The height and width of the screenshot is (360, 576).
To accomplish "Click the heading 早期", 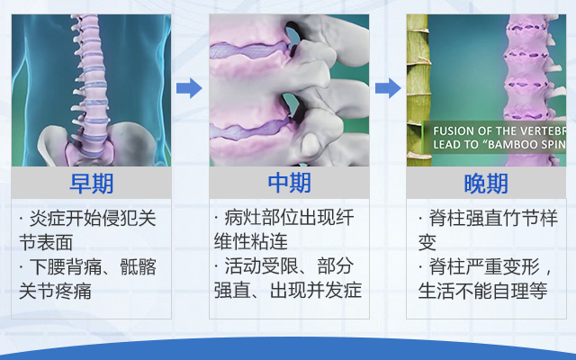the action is [x=92, y=184].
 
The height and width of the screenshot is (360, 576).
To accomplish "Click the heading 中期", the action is [x=289, y=183].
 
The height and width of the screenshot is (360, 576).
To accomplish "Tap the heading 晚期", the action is [x=486, y=184].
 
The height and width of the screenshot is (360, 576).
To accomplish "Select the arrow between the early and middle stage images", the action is [x=189, y=88].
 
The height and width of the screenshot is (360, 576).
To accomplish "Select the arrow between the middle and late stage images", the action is [x=388, y=88].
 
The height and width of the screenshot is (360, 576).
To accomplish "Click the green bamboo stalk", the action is [x=418, y=90].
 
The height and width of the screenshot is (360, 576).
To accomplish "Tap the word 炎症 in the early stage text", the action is [x=47, y=218].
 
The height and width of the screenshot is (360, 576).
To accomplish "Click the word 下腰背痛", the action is [x=65, y=266].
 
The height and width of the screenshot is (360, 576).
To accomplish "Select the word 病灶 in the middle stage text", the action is [x=243, y=218].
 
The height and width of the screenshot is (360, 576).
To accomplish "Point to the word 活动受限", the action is [x=261, y=266].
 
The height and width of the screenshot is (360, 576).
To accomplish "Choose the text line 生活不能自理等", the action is [x=482, y=290].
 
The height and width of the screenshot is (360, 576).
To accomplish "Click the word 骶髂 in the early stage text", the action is [x=138, y=266].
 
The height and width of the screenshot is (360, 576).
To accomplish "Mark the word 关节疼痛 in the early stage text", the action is [x=55, y=291].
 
